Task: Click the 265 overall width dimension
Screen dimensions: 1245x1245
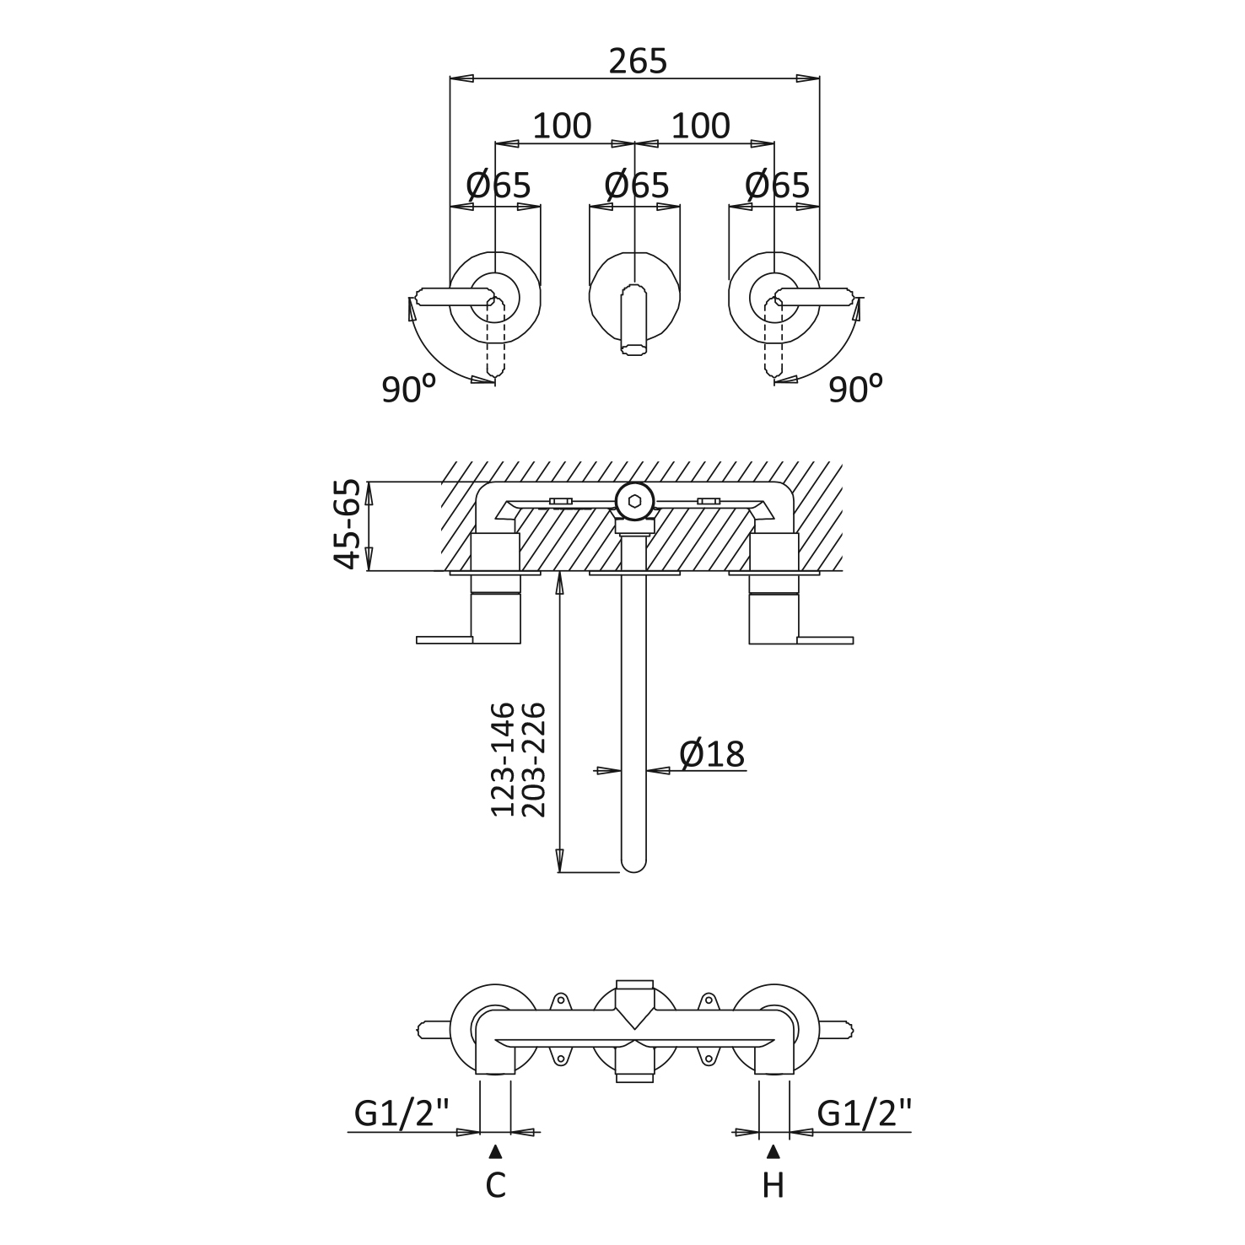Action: click(x=638, y=61)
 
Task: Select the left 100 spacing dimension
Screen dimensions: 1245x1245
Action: click(x=562, y=126)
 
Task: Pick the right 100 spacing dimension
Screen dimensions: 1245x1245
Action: click(x=700, y=126)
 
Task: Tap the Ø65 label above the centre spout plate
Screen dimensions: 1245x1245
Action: click(x=638, y=185)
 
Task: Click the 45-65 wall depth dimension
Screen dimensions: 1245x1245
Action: click(x=347, y=524)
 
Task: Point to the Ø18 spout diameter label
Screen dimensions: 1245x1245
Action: click(x=713, y=754)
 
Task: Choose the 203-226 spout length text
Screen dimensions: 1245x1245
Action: click(x=534, y=759)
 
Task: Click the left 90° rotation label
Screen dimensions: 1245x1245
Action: click(x=409, y=388)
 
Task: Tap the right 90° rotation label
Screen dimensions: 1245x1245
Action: click(x=855, y=388)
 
